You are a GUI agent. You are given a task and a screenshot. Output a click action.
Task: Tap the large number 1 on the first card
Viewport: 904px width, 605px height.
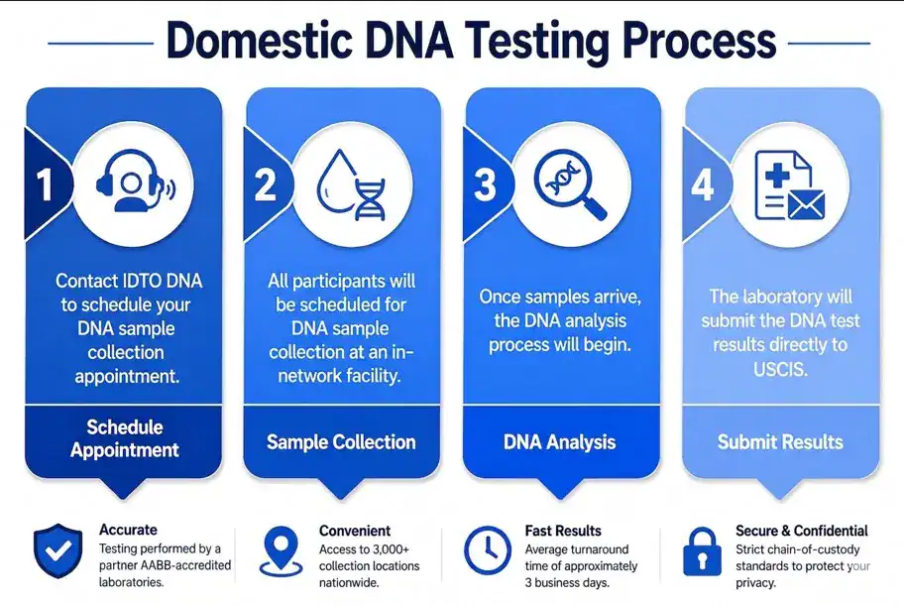tap(45, 185)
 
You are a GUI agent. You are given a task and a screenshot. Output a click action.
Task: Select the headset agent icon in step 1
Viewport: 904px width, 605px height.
tap(135, 181)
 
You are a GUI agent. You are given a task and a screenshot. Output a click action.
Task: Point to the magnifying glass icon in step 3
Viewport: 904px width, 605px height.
tap(570, 184)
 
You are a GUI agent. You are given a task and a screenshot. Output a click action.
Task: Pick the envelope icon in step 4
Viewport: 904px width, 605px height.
tap(806, 205)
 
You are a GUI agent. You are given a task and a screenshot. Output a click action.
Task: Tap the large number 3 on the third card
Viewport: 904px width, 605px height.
tap(485, 185)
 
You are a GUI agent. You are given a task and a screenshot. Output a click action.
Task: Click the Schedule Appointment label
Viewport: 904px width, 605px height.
tap(125, 438)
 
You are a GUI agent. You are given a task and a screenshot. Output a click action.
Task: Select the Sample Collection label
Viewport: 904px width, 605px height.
tap(341, 441)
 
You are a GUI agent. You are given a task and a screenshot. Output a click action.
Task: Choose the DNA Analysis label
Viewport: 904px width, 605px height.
tap(560, 441)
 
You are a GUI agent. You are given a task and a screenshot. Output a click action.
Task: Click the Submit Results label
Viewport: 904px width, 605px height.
tap(780, 441)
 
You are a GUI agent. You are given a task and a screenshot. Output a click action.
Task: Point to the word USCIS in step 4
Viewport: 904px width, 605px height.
tap(780, 369)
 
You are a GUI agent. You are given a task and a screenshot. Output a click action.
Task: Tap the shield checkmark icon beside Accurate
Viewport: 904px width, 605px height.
tap(57, 550)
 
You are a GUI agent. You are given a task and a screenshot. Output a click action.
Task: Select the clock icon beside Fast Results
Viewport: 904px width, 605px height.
tap(487, 550)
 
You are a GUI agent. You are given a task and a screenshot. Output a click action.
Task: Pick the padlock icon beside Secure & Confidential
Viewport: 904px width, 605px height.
tap(702, 551)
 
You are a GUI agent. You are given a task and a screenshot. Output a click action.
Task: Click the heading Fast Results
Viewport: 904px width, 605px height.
tap(563, 531)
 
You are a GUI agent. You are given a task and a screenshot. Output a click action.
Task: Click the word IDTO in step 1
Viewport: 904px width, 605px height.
tap(143, 281)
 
